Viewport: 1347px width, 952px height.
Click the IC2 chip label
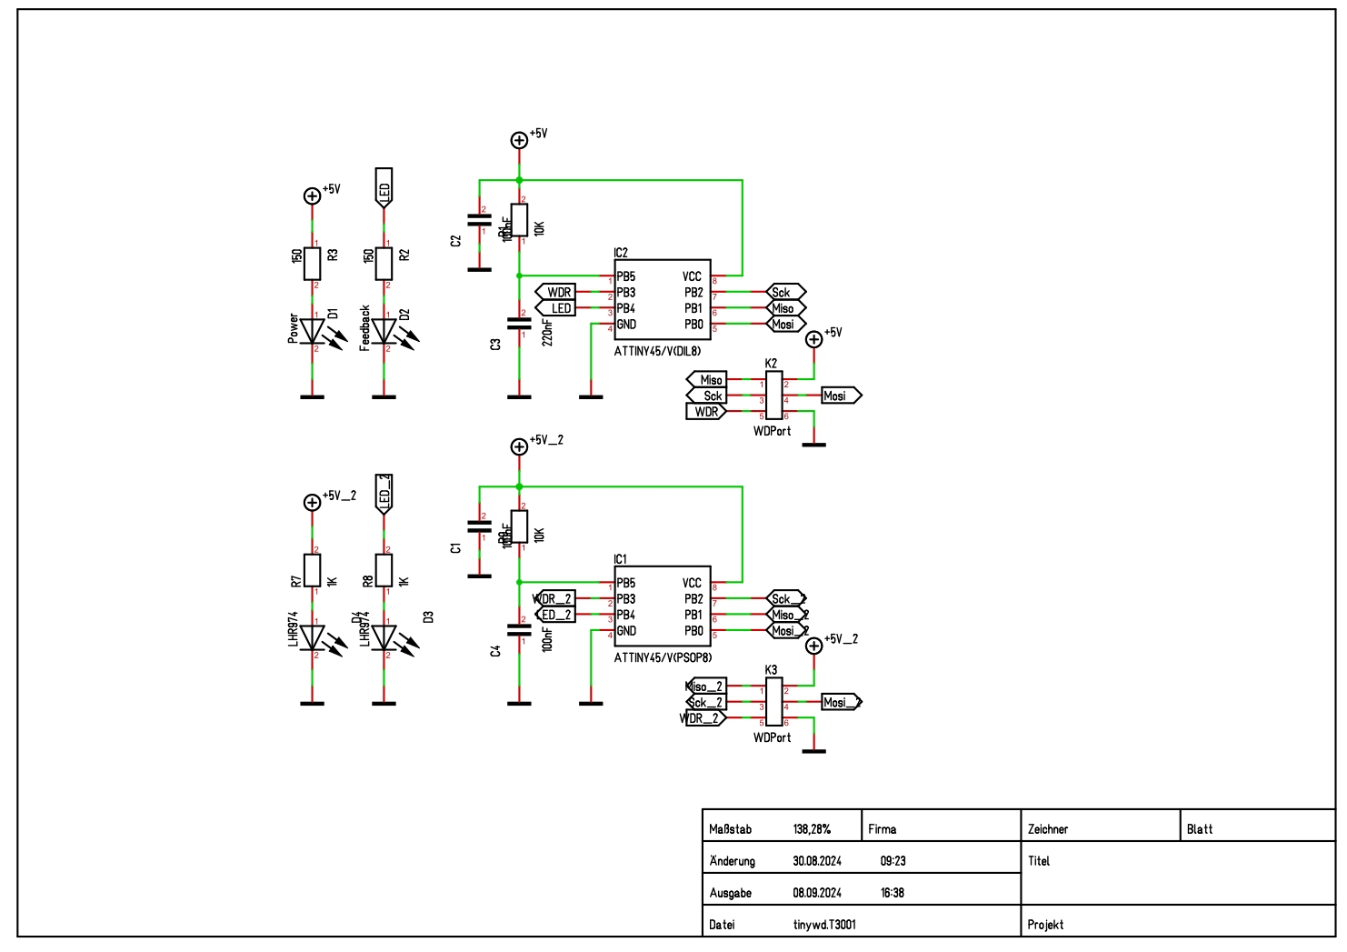coord(621,253)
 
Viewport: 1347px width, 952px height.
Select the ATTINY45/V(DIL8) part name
coord(657,351)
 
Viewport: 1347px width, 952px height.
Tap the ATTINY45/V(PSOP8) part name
coord(663,657)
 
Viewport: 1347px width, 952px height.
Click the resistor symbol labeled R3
coord(313,263)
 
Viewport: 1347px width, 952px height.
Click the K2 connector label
coord(771,364)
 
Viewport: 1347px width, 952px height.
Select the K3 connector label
coord(771,670)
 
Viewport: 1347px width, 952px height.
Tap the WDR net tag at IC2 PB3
coord(557,293)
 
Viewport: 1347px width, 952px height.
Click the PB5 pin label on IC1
coord(626,583)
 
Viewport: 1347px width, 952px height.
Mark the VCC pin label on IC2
coord(693,276)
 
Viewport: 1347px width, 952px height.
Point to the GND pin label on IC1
coord(626,631)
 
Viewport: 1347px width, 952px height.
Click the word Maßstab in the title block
coord(730,829)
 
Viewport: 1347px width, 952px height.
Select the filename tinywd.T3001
coord(824,925)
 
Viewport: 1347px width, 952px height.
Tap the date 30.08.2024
coord(817,861)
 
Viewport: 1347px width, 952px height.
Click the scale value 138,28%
coord(812,829)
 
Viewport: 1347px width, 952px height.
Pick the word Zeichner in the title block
coord(1048,829)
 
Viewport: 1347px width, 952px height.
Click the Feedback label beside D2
coord(365,328)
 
